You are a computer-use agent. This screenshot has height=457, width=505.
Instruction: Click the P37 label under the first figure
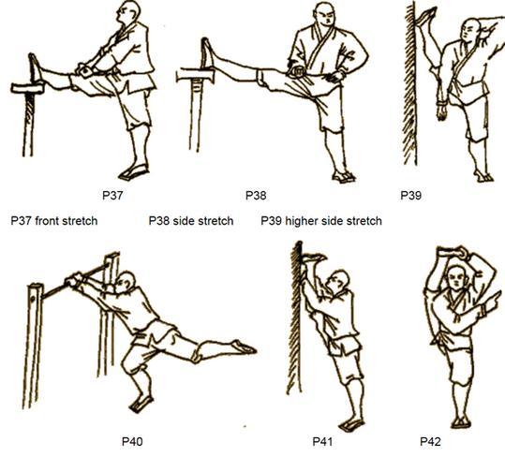tap(112, 196)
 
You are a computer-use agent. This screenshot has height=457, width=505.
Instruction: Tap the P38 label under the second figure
tap(256, 196)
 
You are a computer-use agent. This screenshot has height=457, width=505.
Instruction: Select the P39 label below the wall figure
tap(410, 196)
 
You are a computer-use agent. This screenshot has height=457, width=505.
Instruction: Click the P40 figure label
tap(132, 441)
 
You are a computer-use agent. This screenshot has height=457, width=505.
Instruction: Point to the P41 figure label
tap(322, 441)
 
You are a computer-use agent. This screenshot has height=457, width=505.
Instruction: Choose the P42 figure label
tap(430, 441)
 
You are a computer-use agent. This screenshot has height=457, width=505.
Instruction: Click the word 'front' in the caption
tap(47, 221)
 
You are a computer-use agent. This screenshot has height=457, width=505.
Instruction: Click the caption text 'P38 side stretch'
tap(191, 221)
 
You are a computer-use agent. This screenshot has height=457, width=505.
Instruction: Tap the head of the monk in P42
tap(456, 278)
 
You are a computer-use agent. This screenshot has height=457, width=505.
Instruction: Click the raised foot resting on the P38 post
tap(208, 53)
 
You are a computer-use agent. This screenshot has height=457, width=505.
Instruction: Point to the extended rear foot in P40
tap(245, 346)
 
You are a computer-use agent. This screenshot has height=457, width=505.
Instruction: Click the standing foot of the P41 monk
tap(351, 424)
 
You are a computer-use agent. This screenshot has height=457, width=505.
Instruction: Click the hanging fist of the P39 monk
tap(442, 111)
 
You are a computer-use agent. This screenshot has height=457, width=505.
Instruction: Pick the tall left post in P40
tap(33, 346)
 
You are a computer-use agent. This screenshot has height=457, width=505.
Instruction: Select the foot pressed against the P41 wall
tap(314, 258)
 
